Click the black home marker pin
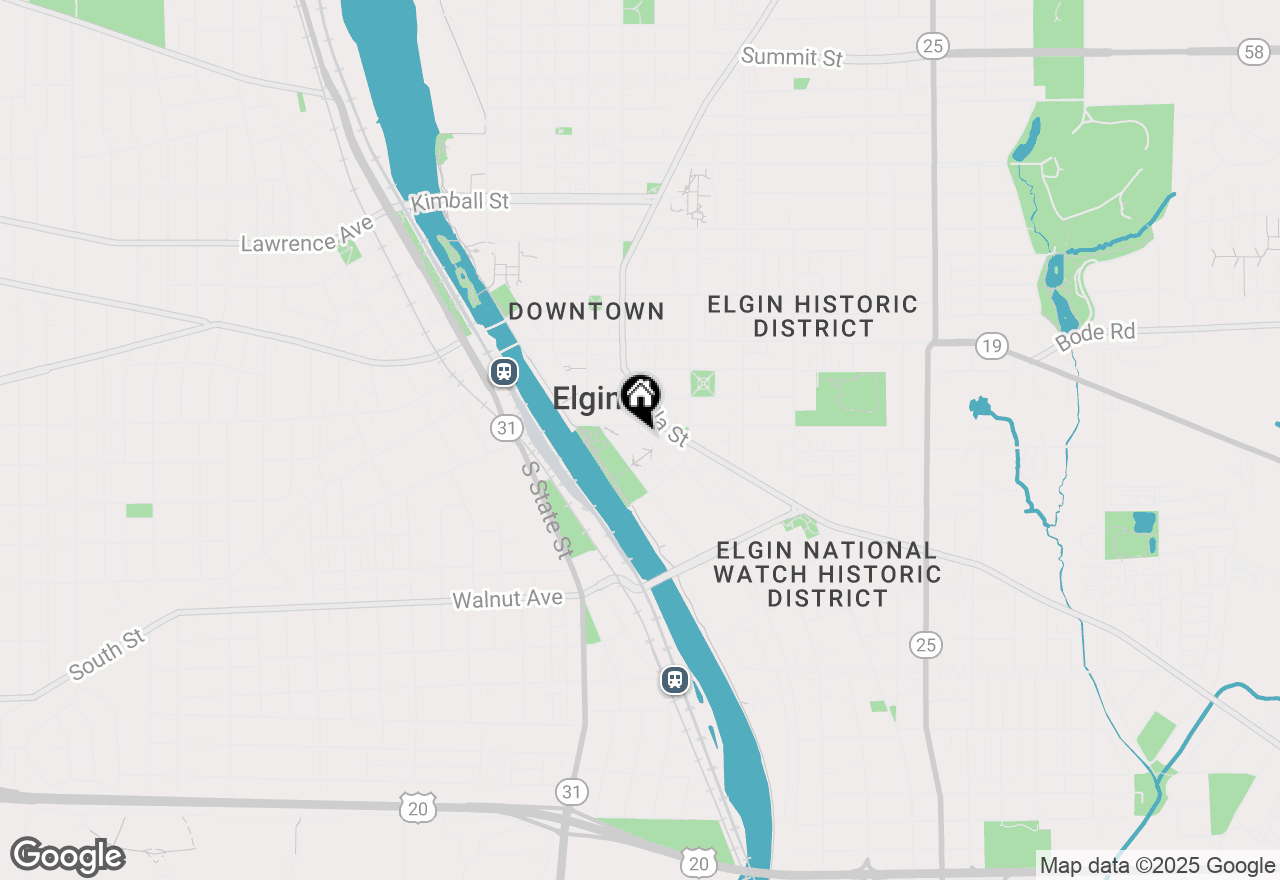pyautogui.click(x=640, y=397)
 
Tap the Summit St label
pyautogui.click(x=792, y=57)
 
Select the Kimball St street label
pyautogui.click(x=460, y=201)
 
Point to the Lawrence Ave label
pyautogui.click(x=307, y=235)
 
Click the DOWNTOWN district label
pyautogui.click(x=586, y=311)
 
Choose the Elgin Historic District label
pyautogui.click(x=813, y=316)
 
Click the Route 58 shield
pyautogui.click(x=1255, y=52)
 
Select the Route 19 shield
pyautogui.click(x=991, y=346)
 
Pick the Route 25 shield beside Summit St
pyautogui.click(x=932, y=45)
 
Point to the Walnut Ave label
pyautogui.click(x=507, y=599)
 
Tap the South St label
pyautogui.click(x=107, y=655)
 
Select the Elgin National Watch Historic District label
pyautogui.click(x=828, y=574)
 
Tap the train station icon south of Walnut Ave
pyautogui.click(x=675, y=681)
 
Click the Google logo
pyautogui.click(x=68, y=856)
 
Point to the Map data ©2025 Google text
pyautogui.click(x=1157, y=866)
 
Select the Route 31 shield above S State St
pyautogui.click(x=506, y=428)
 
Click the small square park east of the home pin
pyautogui.click(x=703, y=383)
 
